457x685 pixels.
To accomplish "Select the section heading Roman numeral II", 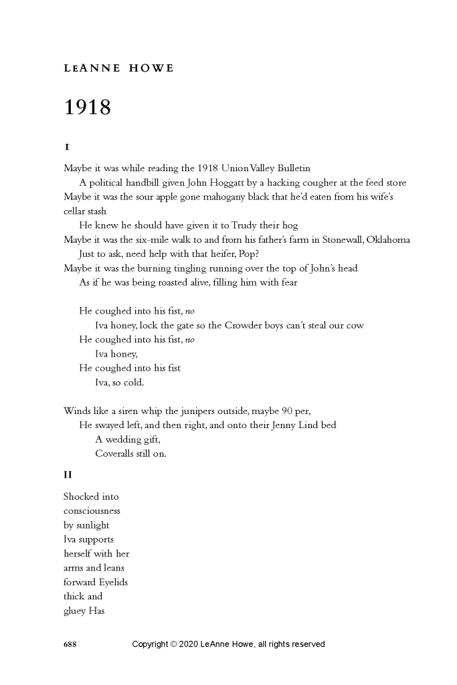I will tap(68, 475).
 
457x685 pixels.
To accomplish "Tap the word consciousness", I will tap(92, 510).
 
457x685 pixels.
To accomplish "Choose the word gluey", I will tap(74, 610).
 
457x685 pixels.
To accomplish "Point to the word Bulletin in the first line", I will tap(291, 168).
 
